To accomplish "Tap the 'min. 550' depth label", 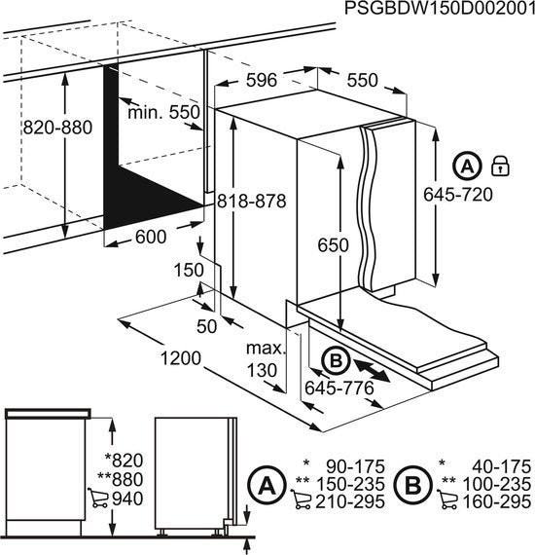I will pyautogui.click(x=163, y=113).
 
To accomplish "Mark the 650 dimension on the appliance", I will pyautogui.click(x=332, y=246).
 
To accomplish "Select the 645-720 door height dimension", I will pyautogui.click(x=458, y=194).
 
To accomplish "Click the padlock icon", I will pyautogui.click(x=501, y=164).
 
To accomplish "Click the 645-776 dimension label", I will pyautogui.click(x=339, y=388).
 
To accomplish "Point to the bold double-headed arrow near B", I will pyautogui.click(x=373, y=371).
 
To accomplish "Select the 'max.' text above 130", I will pyautogui.click(x=264, y=349).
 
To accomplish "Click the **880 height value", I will pyautogui.click(x=125, y=480).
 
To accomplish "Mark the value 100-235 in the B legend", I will pyautogui.click(x=495, y=483).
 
